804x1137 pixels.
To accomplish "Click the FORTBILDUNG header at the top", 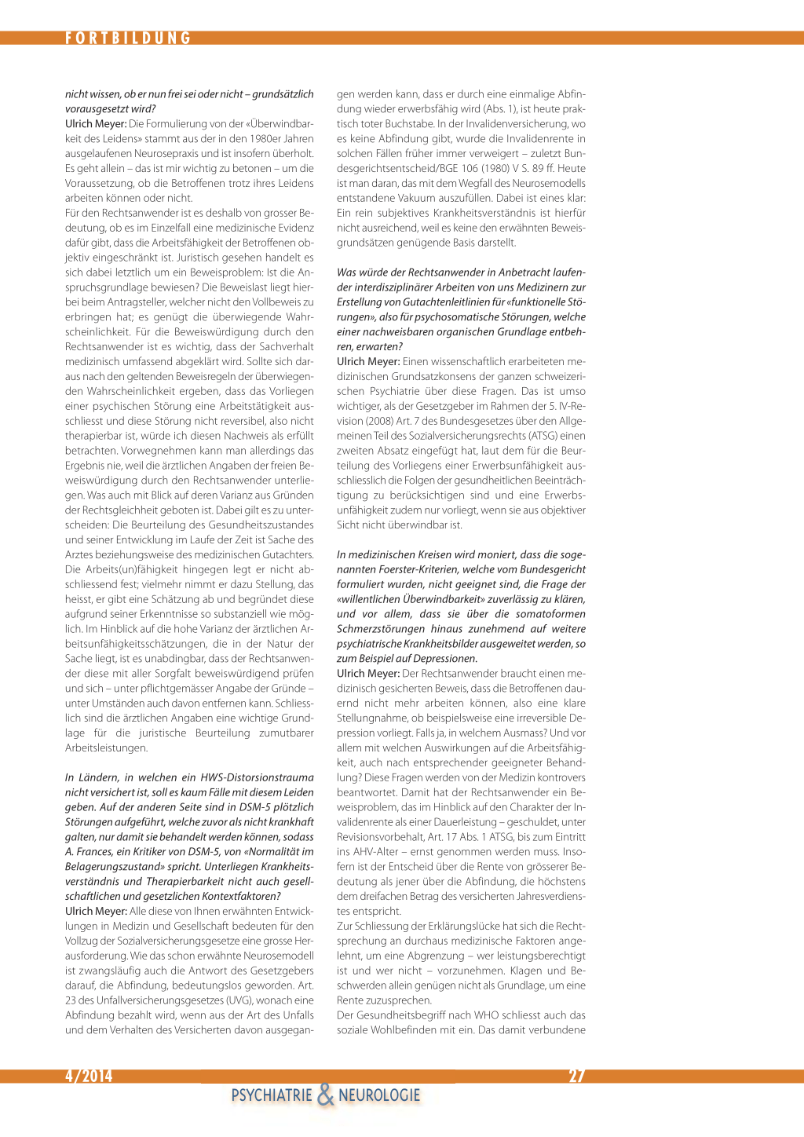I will pyautogui.click(x=128, y=38).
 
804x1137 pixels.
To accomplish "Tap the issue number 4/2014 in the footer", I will pyautogui.click(x=89, y=1076).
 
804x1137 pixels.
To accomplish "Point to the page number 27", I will pyautogui.click(x=577, y=1076).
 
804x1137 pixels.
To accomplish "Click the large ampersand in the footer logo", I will pyautogui.click(x=325, y=1095).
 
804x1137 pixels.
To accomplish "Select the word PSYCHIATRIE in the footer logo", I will pyautogui.click(x=272, y=1095).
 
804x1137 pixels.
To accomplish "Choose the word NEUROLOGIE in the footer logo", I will pyautogui.click(x=379, y=1095).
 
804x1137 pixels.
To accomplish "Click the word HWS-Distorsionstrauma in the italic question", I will pyautogui.click(x=257, y=777).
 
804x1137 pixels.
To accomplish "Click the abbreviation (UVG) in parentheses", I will pyautogui.click(x=241, y=1000).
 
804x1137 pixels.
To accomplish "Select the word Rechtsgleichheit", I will pyautogui.click(x=126, y=510).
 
